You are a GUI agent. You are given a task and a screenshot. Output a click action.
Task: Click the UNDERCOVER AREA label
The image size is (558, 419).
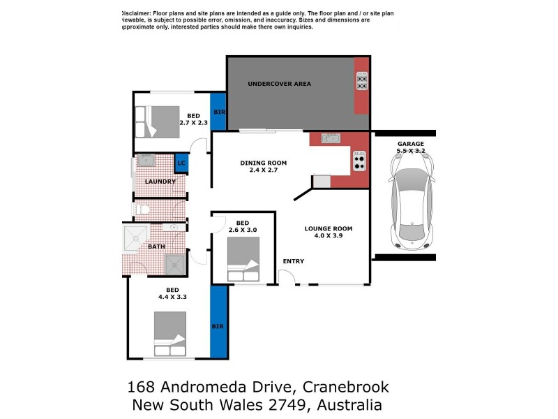point(279,84)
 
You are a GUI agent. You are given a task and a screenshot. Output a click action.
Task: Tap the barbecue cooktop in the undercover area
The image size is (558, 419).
point(362,80)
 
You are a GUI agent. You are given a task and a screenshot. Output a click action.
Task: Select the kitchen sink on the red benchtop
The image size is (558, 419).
point(330,138)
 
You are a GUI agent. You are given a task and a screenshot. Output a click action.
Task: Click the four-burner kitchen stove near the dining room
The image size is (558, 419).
point(359,162)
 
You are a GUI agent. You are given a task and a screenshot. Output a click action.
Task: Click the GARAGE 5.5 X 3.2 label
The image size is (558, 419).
point(410,147)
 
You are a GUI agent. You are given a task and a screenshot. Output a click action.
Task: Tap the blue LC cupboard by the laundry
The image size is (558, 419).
point(181,163)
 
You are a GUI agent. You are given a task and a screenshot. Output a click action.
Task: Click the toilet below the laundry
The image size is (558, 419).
point(142,209)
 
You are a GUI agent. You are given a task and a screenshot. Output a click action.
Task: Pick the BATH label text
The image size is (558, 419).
point(156,247)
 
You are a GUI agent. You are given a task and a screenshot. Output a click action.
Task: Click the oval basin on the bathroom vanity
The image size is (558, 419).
point(173,227)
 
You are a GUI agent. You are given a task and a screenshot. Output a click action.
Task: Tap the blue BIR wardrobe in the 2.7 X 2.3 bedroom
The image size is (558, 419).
point(218,112)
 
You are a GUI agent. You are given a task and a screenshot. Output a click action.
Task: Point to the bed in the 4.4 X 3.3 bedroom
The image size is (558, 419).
point(170,334)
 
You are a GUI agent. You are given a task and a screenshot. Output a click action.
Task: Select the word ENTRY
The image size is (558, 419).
point(293,262)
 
